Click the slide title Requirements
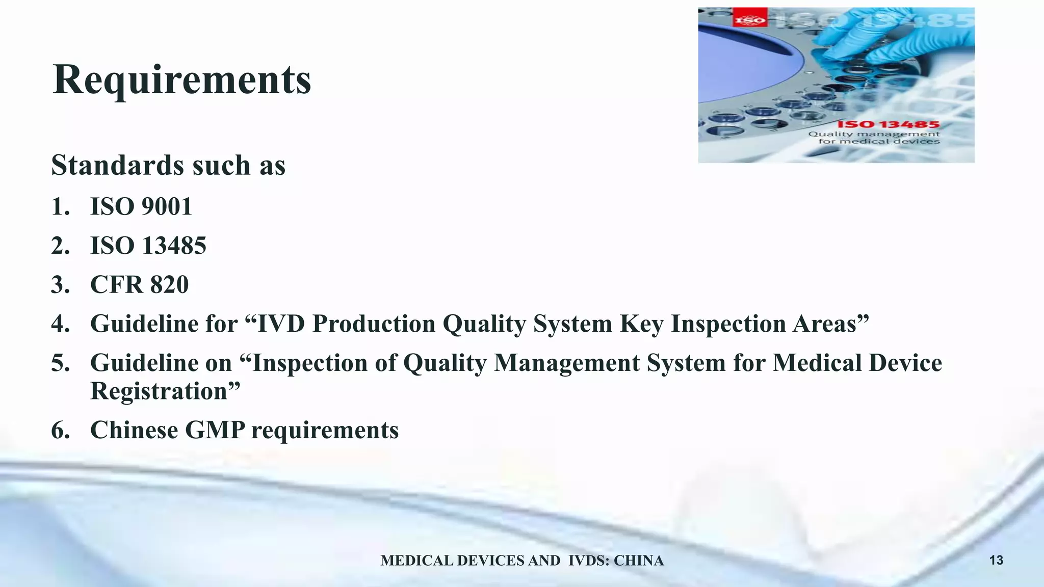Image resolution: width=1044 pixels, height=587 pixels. [x=181, y=81]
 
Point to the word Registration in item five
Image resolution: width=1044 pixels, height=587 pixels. [x=158, y=391]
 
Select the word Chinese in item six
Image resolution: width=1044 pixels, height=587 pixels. [x=134, y=430]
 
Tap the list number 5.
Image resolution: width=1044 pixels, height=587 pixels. [x=60, y=363]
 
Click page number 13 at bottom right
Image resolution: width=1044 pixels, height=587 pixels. [x=996, y=561]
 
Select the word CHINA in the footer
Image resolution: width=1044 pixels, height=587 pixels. [x=638, y=561]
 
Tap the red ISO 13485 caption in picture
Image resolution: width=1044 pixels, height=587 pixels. [x=888, y=124]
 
